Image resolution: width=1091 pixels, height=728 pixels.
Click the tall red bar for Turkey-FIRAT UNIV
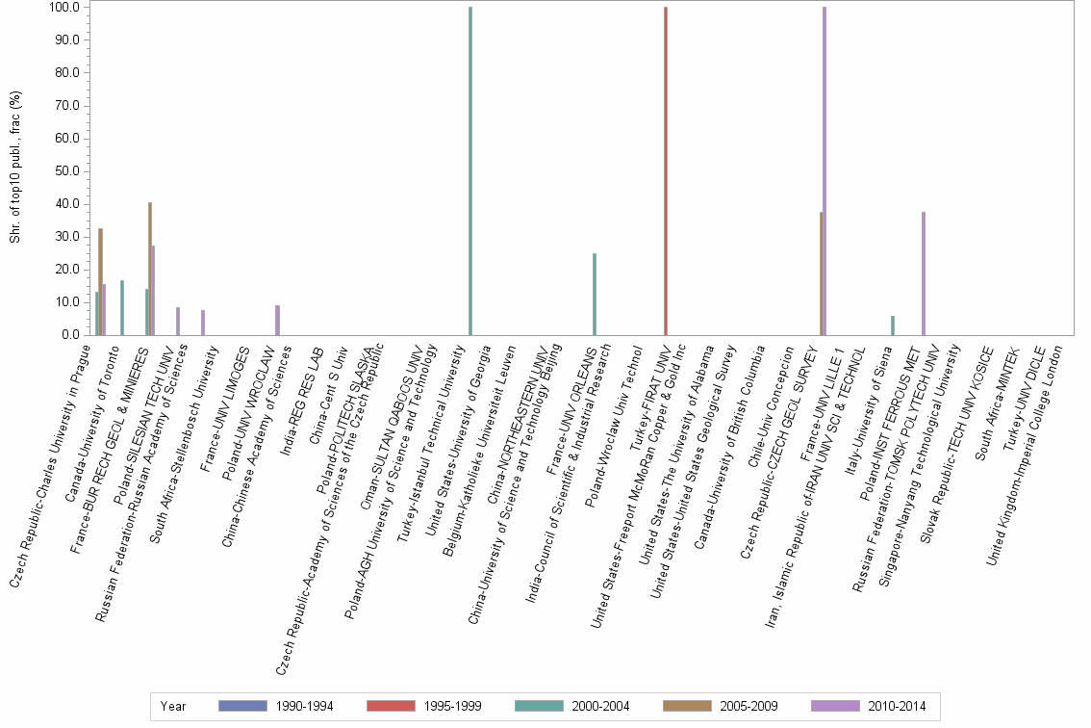point(666,171)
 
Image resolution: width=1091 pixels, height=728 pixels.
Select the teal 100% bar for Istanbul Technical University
point(470,171)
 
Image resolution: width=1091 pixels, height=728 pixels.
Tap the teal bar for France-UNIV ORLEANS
point(595,294)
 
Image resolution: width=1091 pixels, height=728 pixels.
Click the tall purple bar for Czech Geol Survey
point(825,171)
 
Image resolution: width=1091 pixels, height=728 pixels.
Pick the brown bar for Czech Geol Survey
point(821,273)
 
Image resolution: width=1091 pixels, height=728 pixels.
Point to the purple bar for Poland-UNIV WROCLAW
point(277,320)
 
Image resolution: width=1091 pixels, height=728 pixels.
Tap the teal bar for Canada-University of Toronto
point(122,307)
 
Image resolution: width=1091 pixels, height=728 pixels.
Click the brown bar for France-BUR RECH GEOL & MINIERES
point(150,269)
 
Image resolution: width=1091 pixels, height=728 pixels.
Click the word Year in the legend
point(173,706)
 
